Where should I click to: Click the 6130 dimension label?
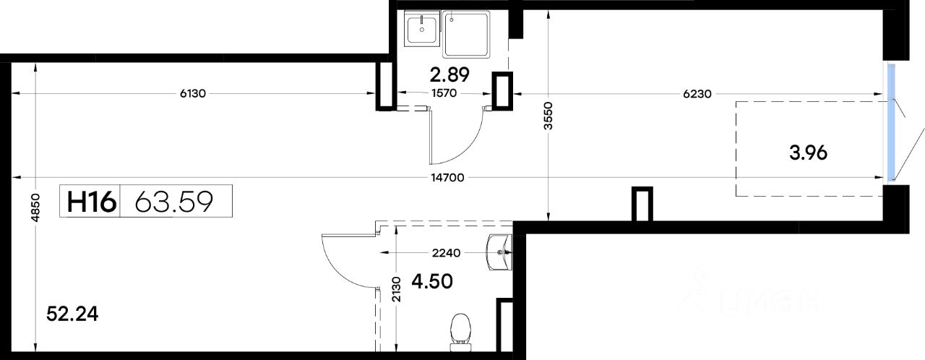[192, 94]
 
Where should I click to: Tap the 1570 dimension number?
[444, 93]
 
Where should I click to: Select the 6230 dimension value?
[697, 94]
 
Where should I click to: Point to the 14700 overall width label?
[447, 178]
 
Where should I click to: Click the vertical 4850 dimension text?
[35, 207]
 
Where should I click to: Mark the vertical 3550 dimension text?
[548, 116]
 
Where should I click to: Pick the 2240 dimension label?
[446, 253]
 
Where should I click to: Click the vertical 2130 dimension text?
[395, 289]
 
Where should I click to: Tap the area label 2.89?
[449, 75]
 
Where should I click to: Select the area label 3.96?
[808, 153]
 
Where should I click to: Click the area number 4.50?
[432, 281]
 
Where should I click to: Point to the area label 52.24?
[72, 314]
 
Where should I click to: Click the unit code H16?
[92, 202]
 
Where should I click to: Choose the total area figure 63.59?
[174, 202]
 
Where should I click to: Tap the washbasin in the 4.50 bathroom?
[500, 252]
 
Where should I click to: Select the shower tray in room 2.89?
[467, 35]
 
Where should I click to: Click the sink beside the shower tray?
[421, 28]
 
